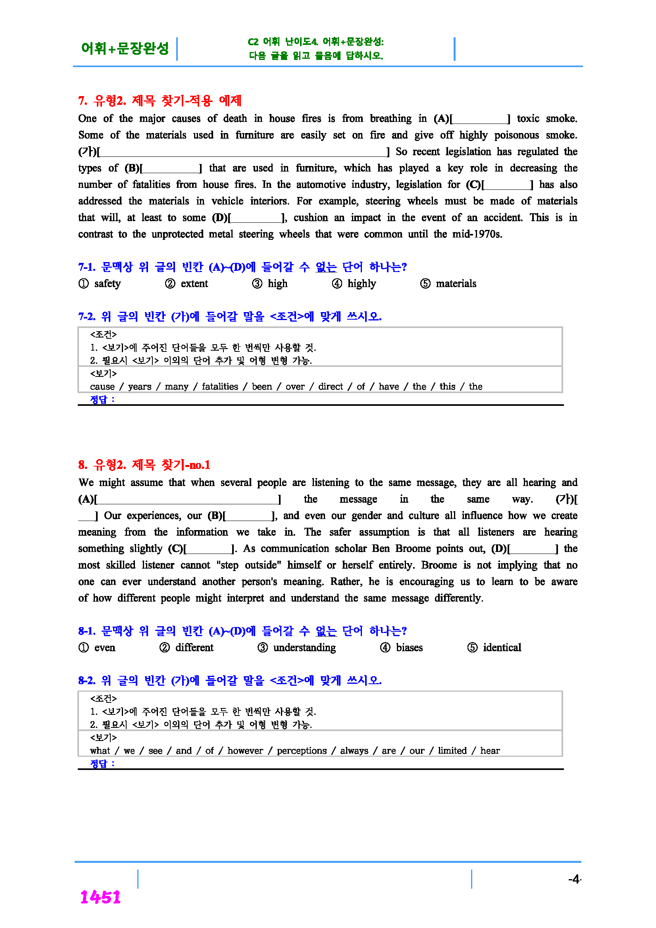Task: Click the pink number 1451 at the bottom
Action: click(100, 897)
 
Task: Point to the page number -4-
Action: click(574, 879)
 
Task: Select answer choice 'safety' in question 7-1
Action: click(107, 284)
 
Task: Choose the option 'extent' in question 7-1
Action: click(194, 284)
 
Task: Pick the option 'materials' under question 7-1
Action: click(456, 284)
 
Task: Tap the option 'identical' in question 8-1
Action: click(502, 648)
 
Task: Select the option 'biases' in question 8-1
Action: click(409, 648)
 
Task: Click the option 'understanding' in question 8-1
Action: click(304, 648)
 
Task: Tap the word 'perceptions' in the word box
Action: click(301, 751)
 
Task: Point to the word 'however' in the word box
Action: click(245, 751)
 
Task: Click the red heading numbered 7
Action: click(160, 100)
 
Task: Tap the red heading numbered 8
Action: click(144, 465)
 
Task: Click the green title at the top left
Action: click(125, 48)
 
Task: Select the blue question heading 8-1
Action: click(242, 631)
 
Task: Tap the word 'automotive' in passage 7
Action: click(321, 185)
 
